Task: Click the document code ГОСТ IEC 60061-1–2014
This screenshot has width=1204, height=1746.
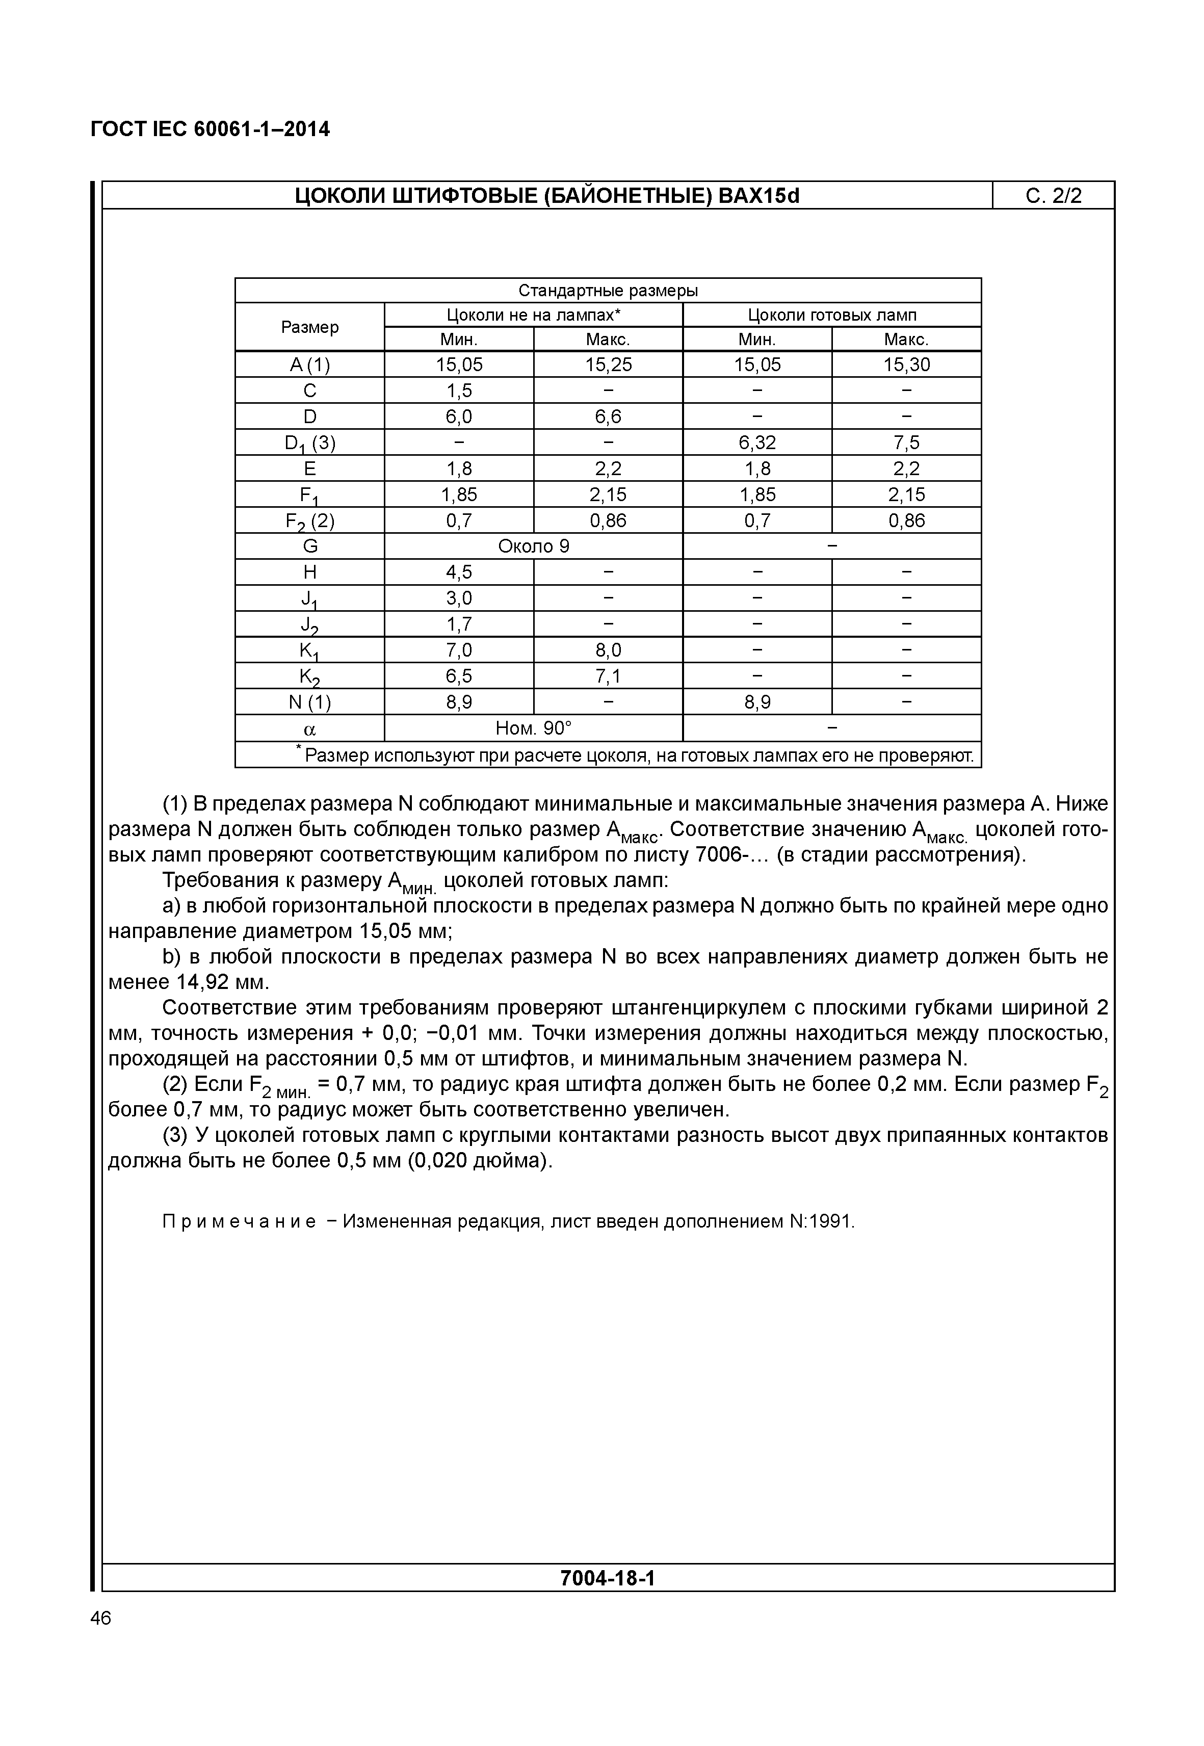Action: click(210, 130)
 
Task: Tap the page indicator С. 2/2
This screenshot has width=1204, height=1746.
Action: click(1053, 196)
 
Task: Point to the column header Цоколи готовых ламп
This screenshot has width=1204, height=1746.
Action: click(831, 316)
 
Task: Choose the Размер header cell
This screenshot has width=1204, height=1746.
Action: click(309, 327)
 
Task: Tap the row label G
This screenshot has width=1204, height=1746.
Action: click(309, 546)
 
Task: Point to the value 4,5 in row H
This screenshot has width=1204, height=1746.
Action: click(459, 572)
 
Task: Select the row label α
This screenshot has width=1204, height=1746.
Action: click(309, 729)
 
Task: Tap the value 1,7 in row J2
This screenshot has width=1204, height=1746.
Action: click(459, 624)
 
